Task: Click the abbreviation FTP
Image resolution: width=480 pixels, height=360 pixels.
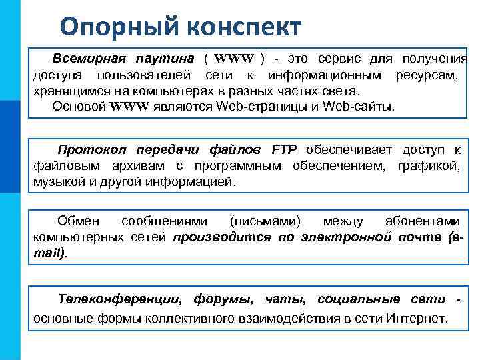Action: click(285, 149)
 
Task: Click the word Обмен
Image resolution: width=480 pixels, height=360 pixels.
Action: click(78, 221)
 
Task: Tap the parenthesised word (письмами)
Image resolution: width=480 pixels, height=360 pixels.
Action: click(265, 221)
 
